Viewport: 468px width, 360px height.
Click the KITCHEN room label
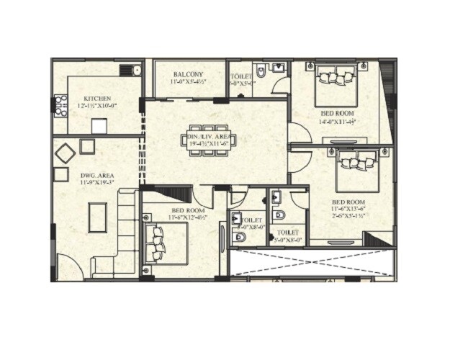[96, 99]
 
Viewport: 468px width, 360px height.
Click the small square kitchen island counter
[99, 127]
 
